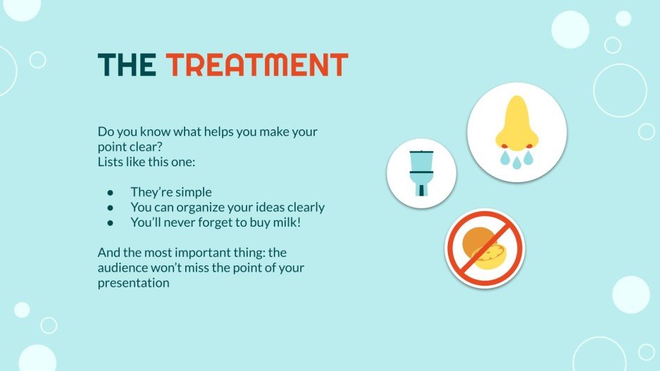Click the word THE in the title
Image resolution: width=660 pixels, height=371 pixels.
pos(127,65)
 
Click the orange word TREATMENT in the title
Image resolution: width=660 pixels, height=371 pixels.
pos(257,65)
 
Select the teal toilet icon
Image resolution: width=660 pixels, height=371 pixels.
pos(421,172)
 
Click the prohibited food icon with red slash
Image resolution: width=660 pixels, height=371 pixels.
pos(485,248)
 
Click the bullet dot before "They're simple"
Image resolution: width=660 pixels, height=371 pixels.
pos(110,192)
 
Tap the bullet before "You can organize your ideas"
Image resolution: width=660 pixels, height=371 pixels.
pos(110,207)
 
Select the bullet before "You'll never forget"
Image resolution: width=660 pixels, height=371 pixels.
pos(110,222)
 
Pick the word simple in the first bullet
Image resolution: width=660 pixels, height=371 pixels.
pos(192,192)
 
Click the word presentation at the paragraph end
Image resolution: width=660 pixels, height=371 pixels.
pos(134,283)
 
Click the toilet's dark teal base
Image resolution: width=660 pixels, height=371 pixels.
pos(421,190)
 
